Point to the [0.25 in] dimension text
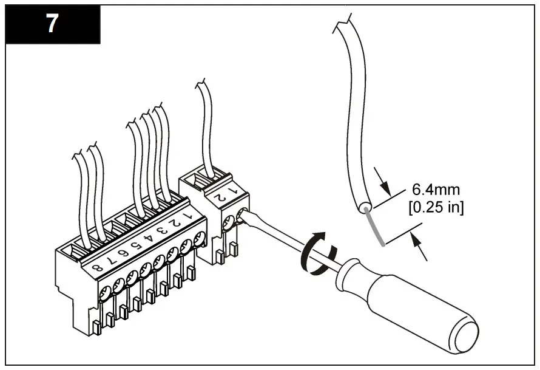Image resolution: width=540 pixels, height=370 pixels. point(437,207)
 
